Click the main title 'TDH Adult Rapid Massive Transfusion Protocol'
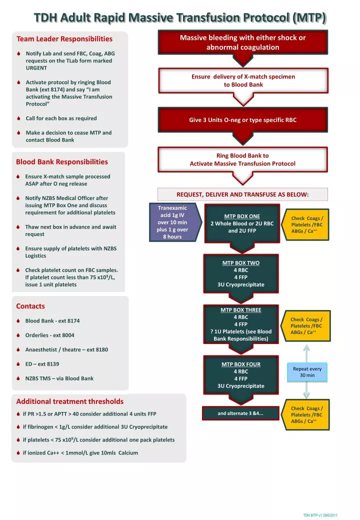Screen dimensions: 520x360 click(x=180, y=18)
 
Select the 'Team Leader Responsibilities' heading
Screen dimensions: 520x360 click(x=64, y=38)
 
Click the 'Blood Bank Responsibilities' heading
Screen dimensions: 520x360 click(x=61, y=161)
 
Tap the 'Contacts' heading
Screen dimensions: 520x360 click(x=30, y=306)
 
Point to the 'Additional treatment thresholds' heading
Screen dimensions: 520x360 click(x=69, y=401)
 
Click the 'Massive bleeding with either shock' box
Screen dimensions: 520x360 click(x=243, y=42)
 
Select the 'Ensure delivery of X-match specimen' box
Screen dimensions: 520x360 click(x=243, y=80)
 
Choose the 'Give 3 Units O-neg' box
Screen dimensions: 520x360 click(x=243, y=120)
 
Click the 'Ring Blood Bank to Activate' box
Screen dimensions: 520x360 click(x=243, y=159)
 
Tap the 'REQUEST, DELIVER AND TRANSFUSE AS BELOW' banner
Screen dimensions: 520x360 click(x=242, y=194)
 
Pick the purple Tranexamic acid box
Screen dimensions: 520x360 click(x=172, y=222)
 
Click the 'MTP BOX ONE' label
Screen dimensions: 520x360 click(x=242, y=216)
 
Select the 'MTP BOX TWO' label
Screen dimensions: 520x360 click(x=240, y=262)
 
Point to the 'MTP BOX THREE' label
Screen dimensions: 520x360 click(x=240, y=309)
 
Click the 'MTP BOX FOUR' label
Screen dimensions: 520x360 click(x=240, y=364)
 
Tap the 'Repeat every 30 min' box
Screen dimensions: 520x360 click(x=307, y=372)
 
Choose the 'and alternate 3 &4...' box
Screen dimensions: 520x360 click(x=240, y=413)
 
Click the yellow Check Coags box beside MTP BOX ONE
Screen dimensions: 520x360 click(x=307, y=224)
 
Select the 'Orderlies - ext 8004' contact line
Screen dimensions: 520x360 click(x=49, y=335)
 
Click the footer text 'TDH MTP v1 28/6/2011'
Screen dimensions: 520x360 click(x=320, y=515)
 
